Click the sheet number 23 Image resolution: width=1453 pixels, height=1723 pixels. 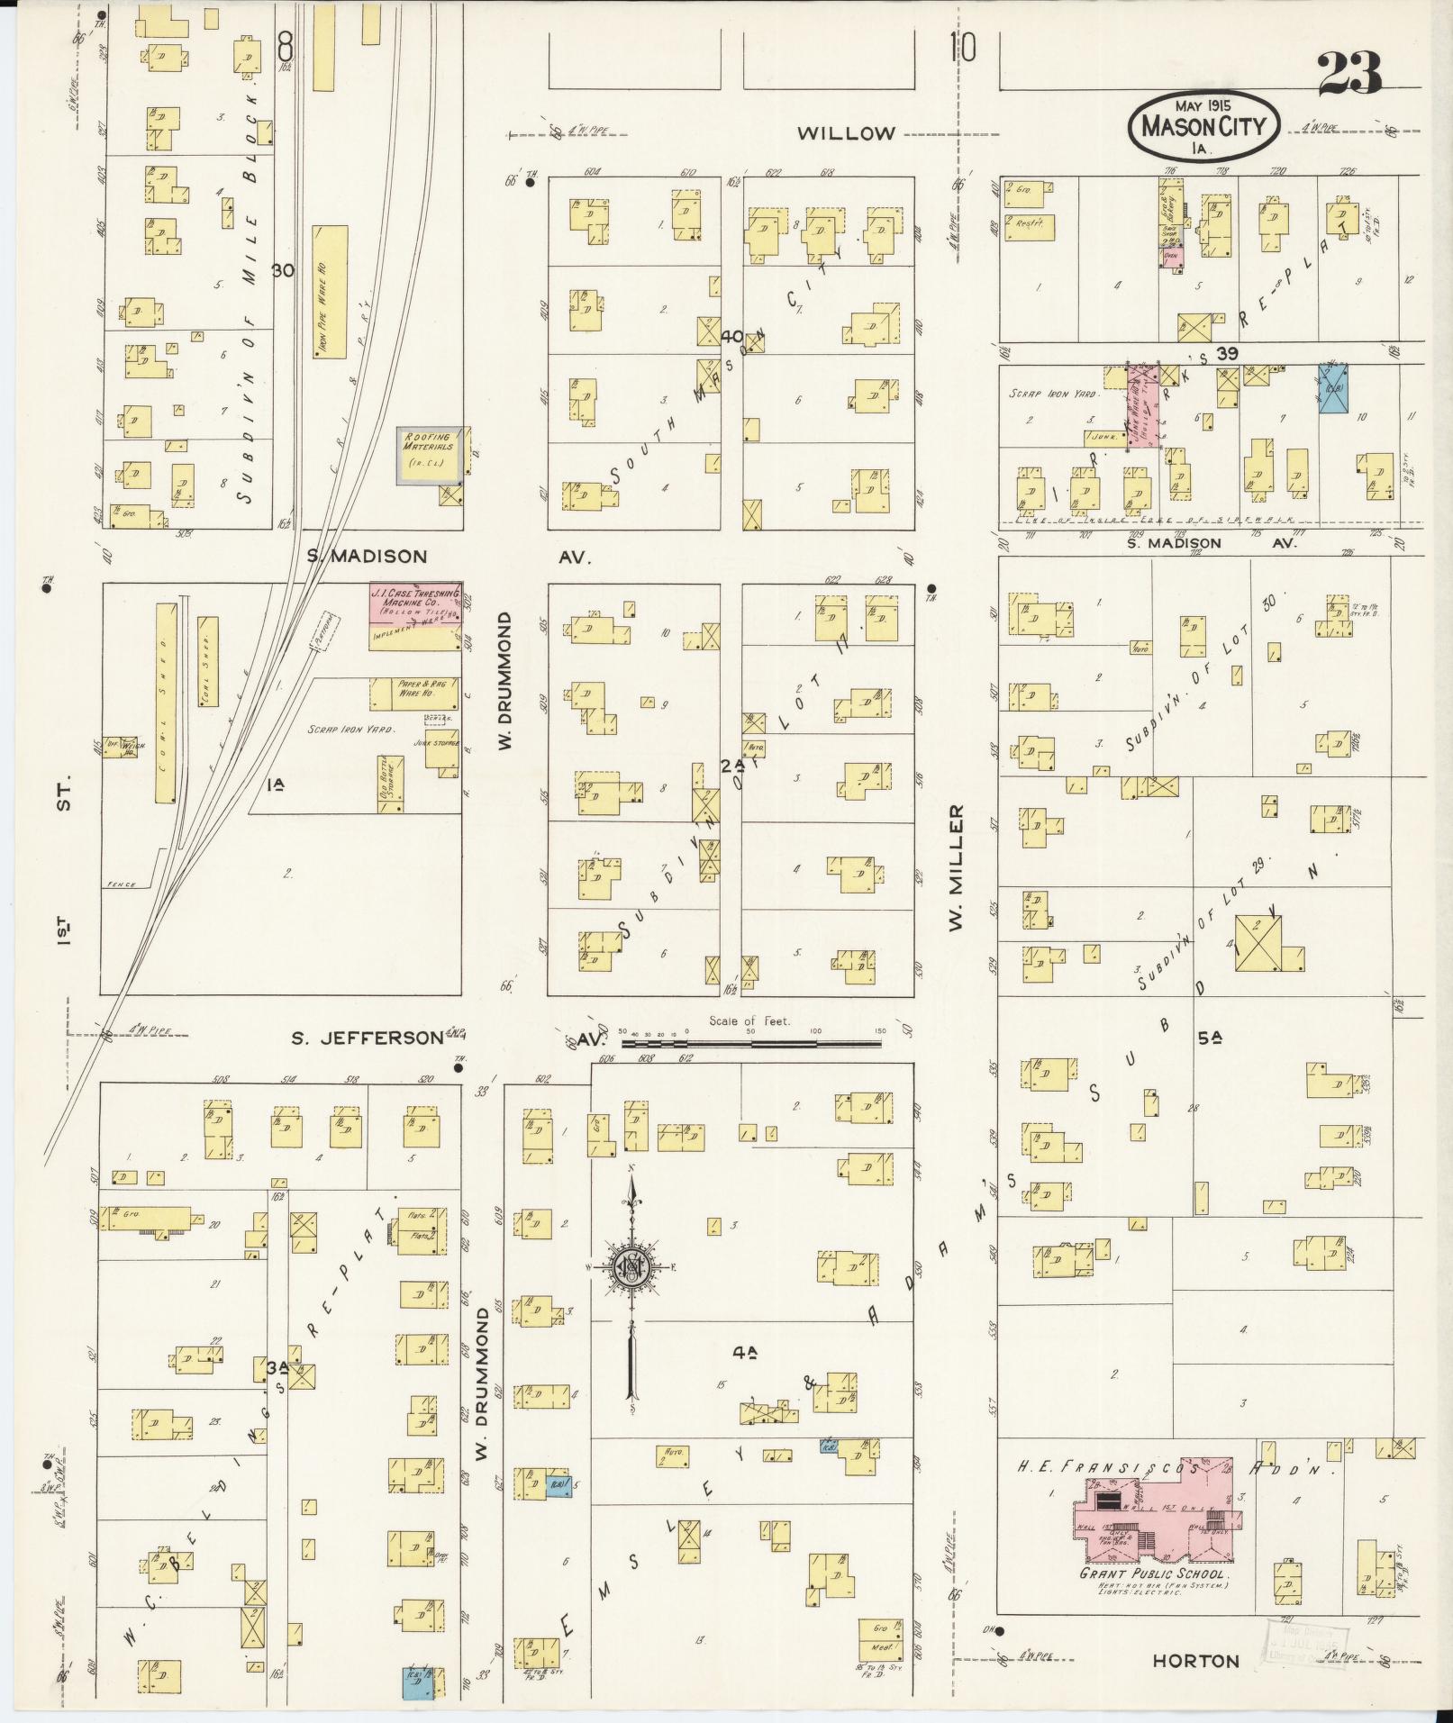tap(1349, 74)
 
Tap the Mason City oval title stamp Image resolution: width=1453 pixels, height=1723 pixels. tap(1203, 126)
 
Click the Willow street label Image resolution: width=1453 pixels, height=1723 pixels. tap(847, 133)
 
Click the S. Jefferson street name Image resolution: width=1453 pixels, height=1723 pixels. tap(366, 1038)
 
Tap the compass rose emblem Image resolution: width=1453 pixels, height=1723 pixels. tap(632, 1266)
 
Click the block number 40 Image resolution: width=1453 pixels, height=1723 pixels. tap(732, 337)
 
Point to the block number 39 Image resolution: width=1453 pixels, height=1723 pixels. tap(1226, 354)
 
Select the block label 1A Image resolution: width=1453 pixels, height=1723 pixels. tap(276, 784)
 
